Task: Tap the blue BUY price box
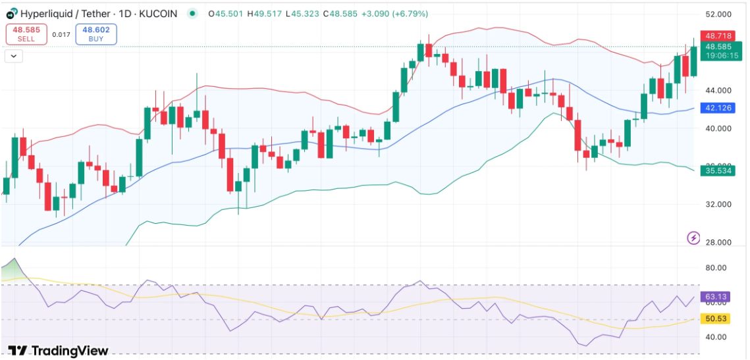click(x=96, y=34)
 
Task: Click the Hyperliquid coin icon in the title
click(x=11, y=13)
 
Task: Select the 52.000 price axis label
click(x=718, y=14)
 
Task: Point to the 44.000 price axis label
click(x=718, y=90)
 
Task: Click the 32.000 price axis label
click(x=718, y=204)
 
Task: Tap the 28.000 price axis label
click(x=718, y=242)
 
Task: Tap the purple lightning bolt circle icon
click(x=693, y=238)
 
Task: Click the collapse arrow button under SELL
click(x=14, y=56)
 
